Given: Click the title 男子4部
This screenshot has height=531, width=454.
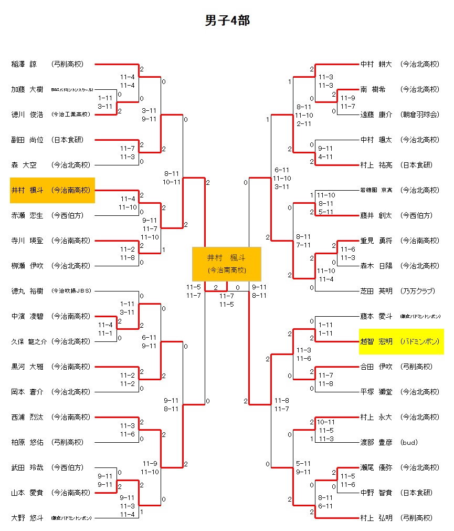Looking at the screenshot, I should pyautogui.click(x=227, y=20).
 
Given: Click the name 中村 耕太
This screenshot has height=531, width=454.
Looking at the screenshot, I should pyautogui.click(x=376, y=64).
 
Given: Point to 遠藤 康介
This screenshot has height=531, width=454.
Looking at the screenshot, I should pyautogui.click(x=376, y=114).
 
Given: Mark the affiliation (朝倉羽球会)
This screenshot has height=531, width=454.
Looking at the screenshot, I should pyautogui.click(x=419, y=114).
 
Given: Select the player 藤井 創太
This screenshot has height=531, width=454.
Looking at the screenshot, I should pyautogui.click(x=376, y=215).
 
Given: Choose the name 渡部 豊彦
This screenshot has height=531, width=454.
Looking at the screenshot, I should pyautogui.click(x=376, y=442).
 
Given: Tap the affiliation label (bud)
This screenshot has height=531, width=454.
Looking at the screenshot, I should pyautogui.click(x=409, y=442).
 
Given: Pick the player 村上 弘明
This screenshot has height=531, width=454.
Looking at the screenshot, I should pyautogui.click(x=376, y=518).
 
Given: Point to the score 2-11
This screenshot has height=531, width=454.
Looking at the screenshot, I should pyautogui.click(x=304, y=123).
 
